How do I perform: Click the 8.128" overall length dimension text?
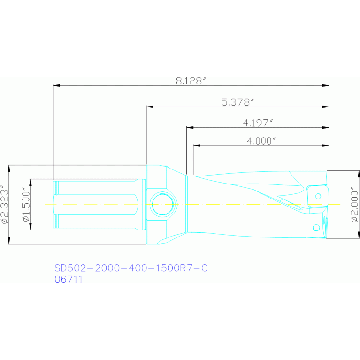click(x=191, y=81)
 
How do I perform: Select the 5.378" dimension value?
click(x=237, y=102)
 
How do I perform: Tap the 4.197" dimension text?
click(x=258, y=123)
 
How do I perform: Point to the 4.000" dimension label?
click(x=261, y=141)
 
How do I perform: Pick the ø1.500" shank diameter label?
click(x=26, y=205)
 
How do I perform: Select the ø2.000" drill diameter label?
click(x=355, y=205)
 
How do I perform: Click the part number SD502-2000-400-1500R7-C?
click(x=131, y=268)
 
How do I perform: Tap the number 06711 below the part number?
click(x=69, y=279)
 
